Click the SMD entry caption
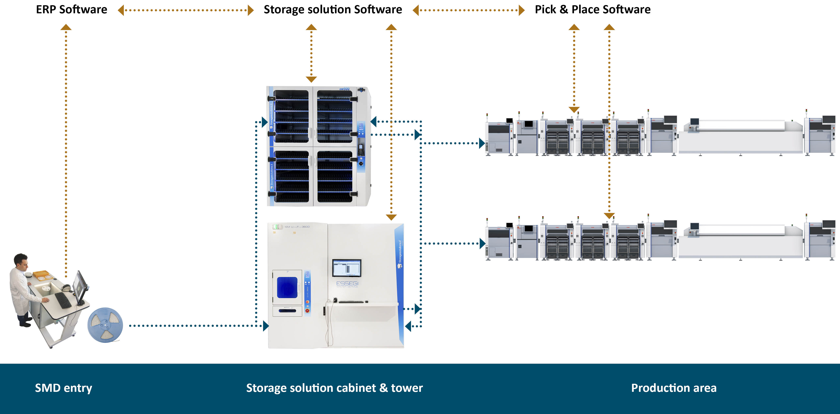pos(63,388)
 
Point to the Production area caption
pos(674,388)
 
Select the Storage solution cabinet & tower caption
pos(334,388)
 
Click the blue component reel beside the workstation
pos(105,325)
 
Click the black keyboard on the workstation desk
pos(63,300)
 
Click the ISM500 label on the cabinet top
pos(344,89)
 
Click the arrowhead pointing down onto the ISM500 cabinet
pos(311,79)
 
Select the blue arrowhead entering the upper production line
pos(482,143)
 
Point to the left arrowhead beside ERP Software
pos(121,10)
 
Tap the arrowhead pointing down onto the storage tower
pos(391,217)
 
